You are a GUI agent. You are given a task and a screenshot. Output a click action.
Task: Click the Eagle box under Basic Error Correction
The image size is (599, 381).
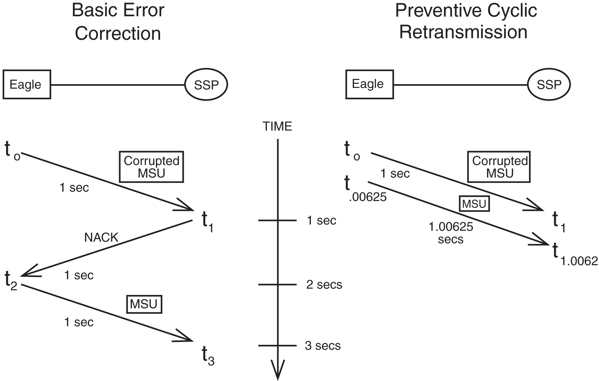(26, 85)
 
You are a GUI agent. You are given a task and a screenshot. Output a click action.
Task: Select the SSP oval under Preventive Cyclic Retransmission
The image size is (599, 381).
(549, 85)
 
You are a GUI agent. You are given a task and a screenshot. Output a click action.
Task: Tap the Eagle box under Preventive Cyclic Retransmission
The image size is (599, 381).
(369, 84)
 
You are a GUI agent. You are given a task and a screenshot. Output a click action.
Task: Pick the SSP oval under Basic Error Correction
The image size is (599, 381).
(206, 85)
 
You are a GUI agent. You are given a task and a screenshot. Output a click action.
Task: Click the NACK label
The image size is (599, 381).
(101, 237)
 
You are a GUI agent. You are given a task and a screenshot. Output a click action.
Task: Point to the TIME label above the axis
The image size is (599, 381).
(277, 127)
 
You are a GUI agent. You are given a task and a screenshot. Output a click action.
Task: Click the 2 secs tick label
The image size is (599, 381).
(324, 285)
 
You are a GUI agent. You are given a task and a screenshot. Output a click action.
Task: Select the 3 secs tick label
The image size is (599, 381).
(322, 346)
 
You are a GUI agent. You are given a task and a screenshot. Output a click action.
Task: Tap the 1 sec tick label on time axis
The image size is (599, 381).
(321, 221)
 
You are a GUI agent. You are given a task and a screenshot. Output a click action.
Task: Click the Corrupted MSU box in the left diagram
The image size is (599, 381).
(151, 167)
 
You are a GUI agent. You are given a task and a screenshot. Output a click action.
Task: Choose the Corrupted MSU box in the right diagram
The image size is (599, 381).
(499, 167)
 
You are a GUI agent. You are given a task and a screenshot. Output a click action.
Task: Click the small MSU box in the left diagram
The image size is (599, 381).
(144, 304)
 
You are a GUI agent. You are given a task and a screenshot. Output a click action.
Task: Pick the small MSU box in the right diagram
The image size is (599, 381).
(474, 204)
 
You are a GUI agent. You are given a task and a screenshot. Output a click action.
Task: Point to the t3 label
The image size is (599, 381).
(208, 355)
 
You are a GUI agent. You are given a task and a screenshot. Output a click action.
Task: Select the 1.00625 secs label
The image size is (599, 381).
(451, 233)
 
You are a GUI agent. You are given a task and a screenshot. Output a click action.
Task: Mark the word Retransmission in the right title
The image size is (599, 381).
(463, 32)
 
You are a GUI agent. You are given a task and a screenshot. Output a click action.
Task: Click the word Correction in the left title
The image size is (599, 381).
(118, 33)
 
